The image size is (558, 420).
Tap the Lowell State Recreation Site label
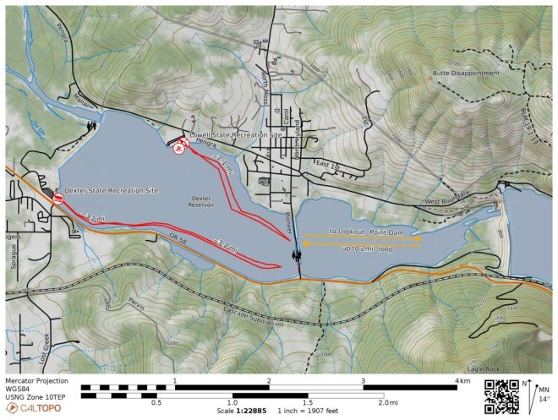(236, 134)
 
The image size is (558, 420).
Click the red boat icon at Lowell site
(179, 150)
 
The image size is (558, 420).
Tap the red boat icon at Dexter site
(57, 199)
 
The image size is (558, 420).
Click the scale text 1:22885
(243, 411)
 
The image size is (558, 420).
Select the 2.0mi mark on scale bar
(388, 403)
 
